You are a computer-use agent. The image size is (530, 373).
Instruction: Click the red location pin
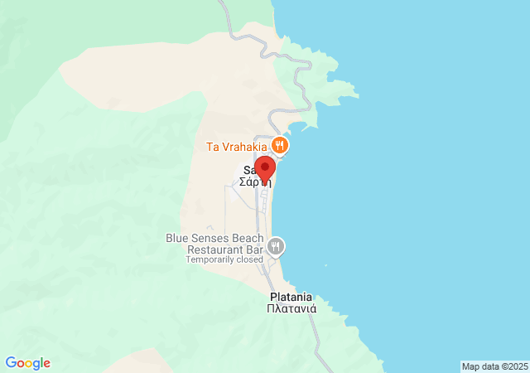click(x=263, y=168)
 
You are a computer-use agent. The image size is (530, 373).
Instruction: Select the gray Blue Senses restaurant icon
click(x=277, y=246)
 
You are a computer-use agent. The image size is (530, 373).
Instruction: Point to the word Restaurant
click(x=214, y=249)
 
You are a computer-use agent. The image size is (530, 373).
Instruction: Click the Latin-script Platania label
click(x=290, y=297)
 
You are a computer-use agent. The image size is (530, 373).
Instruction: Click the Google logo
click(x=27, y=363)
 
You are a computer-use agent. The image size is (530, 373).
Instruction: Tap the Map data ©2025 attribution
click(x=494, y=366)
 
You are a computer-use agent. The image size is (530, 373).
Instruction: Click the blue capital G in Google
click(x=11, y=362)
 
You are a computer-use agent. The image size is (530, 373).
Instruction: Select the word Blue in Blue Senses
click(x=178, y=238)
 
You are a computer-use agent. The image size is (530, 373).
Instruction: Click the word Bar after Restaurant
click(x=253, y=249)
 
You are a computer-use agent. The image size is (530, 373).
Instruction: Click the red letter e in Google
click(x=46, y=363)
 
